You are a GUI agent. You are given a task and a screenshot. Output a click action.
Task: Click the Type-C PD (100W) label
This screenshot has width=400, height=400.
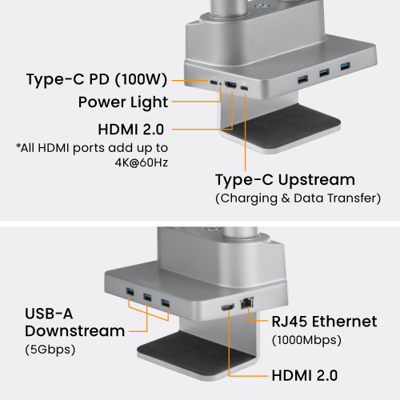(x=97, y=79)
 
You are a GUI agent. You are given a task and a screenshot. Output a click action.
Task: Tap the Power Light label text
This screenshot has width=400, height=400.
(x=123, y=102)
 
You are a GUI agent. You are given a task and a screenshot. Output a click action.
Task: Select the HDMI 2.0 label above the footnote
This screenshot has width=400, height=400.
(x=131, y=130)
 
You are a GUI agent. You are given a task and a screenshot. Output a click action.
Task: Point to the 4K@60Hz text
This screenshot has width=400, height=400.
(x=142, y=162)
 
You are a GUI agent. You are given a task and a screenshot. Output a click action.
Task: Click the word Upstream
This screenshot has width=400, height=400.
(x=317, y=181)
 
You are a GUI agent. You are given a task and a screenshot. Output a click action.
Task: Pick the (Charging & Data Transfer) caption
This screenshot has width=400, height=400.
(x=298, y=198)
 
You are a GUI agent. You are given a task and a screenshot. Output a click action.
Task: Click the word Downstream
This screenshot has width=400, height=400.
(x=75, y=331)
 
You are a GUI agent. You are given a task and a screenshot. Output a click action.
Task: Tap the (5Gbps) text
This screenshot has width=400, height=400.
(x=50, y=350)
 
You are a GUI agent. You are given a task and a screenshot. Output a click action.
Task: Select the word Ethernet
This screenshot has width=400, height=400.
(x=345, y=322)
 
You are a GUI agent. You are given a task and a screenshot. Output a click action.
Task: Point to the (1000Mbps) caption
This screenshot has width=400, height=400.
(x=306, y=340)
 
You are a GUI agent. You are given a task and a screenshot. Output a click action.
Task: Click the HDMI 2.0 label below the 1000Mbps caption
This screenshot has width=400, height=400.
(x=305, y=375)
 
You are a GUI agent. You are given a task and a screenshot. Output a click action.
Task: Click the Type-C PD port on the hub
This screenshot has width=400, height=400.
(x=214, y=82)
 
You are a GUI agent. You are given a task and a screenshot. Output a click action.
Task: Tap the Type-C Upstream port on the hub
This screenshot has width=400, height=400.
(x=244, y=88)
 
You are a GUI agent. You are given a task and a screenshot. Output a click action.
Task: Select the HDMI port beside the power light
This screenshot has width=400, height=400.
(x=230, y=86)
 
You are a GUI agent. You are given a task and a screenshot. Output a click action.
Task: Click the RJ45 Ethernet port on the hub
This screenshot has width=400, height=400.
(x=246, y=303)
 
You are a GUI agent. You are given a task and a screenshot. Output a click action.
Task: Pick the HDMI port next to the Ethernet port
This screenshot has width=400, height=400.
(x=228, y=307)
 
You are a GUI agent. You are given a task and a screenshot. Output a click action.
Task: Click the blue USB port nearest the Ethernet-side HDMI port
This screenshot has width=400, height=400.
(x=166, y=303)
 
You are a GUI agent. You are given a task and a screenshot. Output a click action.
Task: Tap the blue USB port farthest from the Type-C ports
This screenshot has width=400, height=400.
(x=346, y=66)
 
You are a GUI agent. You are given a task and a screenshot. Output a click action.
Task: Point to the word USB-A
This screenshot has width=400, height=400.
(x=49, y=314)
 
